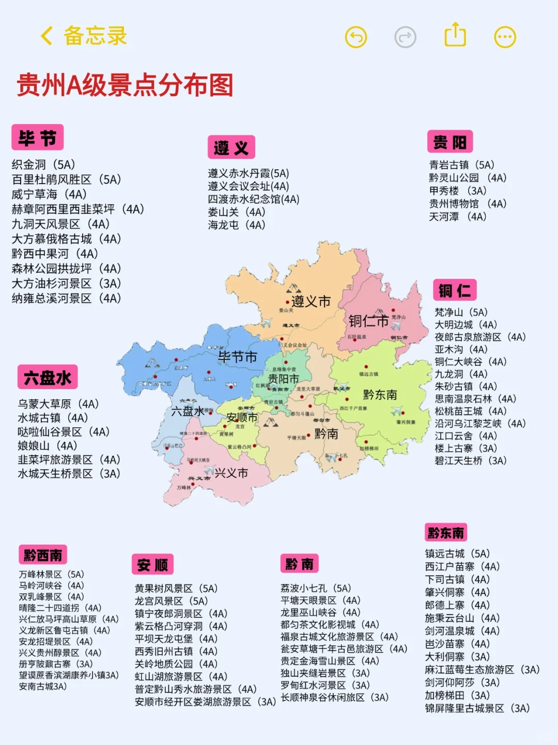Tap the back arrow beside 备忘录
(47, 36)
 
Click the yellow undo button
(355, 37)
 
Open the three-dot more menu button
(505, 37)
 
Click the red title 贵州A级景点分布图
(125, 85)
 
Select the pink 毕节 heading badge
(37, 138)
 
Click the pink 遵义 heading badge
(231, 148)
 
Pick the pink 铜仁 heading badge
(454, 290)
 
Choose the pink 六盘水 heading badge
(48, 377)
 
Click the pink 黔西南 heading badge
(43, 555)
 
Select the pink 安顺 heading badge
(152, 564)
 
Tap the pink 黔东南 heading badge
(445, 533)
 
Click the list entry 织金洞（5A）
(44, 165)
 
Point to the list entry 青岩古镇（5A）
(461, 165)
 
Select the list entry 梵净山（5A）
(461, 312)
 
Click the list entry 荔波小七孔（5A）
(316, 588)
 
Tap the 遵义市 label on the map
(311, 301)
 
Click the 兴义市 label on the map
(231, 473)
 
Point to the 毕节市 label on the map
(237, 357)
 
